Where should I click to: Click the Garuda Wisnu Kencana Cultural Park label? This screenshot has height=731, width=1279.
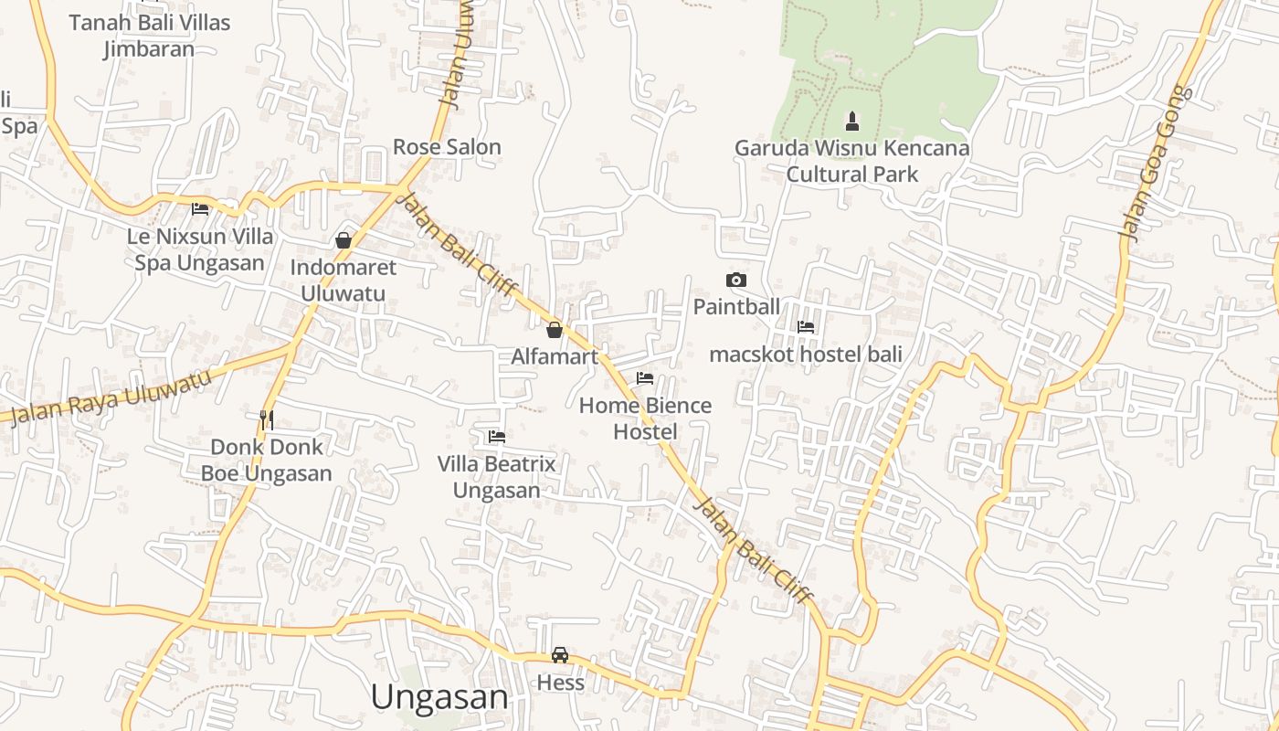click(x=852, y=161)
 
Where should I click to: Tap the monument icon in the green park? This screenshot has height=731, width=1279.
click(x=852, y=121)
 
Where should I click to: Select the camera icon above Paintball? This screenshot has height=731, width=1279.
click(x=735, y=280)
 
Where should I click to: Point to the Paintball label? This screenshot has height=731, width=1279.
click(x=736, y=306)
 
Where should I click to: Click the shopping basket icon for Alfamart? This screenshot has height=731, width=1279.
click(x=554, y=330)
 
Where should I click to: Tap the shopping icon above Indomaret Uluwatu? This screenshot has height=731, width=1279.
click(x=344, y=240)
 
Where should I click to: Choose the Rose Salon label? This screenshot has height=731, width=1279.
click(x=447, y=146)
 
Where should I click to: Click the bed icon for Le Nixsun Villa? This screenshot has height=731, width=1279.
click(x=200, y=208)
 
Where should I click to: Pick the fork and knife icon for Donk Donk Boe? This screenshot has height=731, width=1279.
click(x=267, y=419)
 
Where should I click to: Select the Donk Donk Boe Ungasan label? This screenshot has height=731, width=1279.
click(x=266, y=460)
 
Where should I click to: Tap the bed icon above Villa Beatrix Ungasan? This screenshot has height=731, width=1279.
click(x=497, y=437)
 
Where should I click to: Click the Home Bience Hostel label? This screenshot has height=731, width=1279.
click(x=645, y=418)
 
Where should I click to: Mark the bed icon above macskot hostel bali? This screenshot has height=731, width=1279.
click(x=806, y=326)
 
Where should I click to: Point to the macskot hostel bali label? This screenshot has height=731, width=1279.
click(x=806, y=354)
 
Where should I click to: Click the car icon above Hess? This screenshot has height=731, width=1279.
click(x=560, y=655)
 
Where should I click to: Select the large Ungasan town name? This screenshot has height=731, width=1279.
click(x=439, y=697)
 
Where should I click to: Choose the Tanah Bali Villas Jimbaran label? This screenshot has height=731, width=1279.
click(x=149, y=36)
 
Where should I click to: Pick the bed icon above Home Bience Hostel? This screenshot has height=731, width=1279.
click(x=645, y=378)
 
